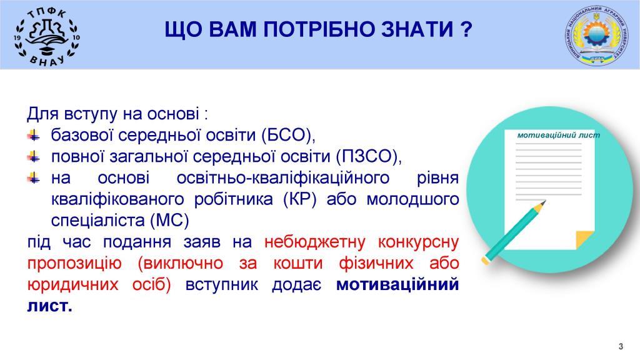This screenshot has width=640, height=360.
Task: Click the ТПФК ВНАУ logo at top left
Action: [47, 36]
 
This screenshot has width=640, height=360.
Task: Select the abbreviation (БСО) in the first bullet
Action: [288, 135]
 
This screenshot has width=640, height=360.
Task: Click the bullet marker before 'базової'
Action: [34, 135]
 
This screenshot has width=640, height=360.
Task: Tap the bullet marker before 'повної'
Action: [34, 156]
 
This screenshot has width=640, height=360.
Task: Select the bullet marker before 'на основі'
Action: [34, 178]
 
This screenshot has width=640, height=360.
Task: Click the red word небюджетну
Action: [315, 242]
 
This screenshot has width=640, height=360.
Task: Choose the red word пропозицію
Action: [74, 263]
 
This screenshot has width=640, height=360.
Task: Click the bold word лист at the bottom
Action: [49, 306]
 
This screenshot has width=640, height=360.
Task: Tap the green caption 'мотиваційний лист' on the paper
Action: [558, 135]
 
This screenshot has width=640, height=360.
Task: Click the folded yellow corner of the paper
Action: [584, 239]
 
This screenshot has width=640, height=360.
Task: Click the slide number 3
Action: [621, 346]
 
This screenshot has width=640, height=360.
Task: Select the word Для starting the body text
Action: [43, 114]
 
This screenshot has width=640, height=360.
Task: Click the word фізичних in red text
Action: [376, 263]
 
